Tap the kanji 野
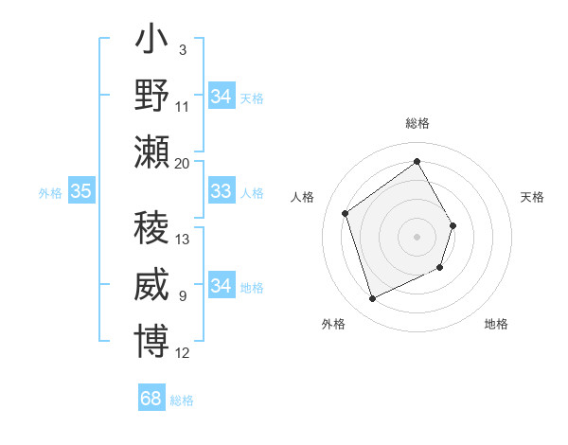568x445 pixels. (x=152, y=97)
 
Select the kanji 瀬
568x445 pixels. (x=152, y=152)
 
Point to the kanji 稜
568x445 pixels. (x=152, y=229)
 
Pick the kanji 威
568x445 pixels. (x=152, y=285)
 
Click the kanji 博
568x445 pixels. (x=152, y=341)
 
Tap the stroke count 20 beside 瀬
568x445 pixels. (x=183, y=163)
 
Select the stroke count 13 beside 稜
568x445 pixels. (x=183, y=240)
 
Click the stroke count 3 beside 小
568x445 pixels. (x=182, y=49)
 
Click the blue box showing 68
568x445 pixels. (x=151, y=399)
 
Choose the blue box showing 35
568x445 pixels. (x=80, y=192)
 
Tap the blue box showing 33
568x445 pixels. (x=221, y=192)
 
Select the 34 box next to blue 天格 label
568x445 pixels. (x=221, y=97)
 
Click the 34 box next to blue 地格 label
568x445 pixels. (x=221, y=286)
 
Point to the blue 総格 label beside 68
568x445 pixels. (x=182, y=400)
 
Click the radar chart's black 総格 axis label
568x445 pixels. (x=417, y=124)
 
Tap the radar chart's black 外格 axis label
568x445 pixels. (x=332, y=324)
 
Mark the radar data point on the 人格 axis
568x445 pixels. (x=346, y=213)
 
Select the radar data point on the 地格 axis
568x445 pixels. (x=441, y=269)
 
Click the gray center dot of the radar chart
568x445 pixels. (x=417, y=236)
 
